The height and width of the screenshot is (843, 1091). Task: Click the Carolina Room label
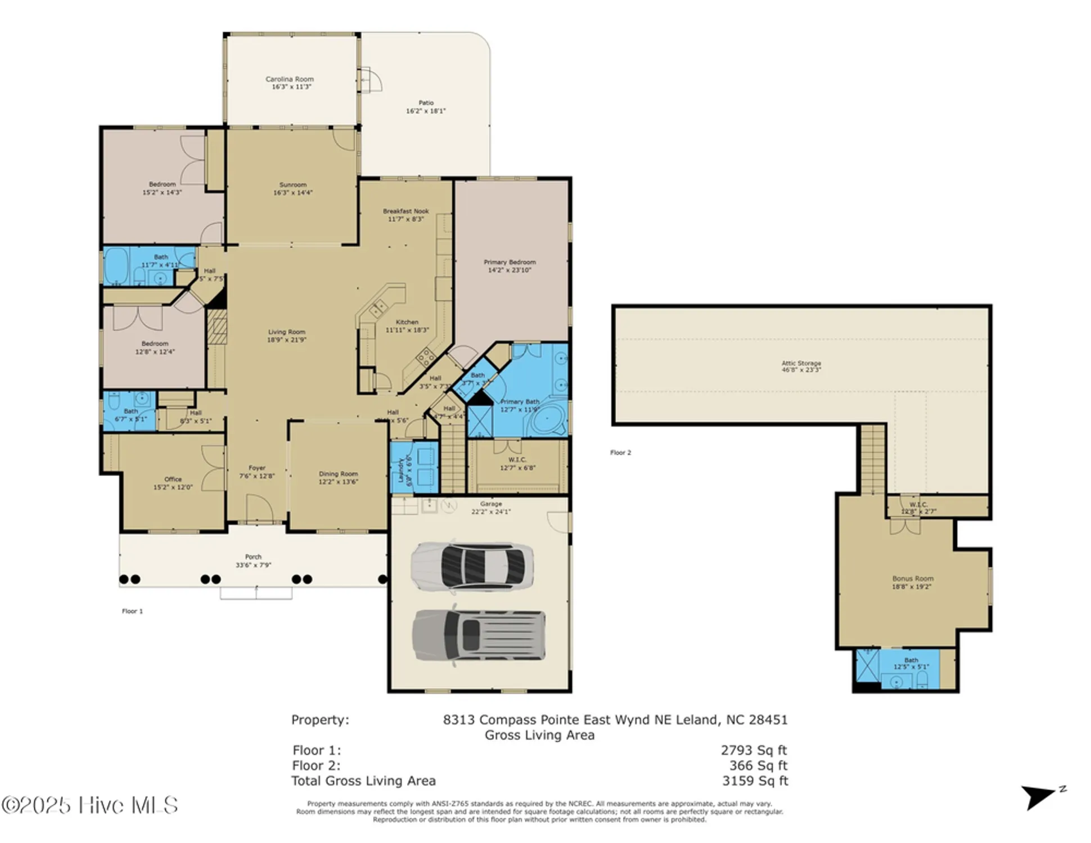click(x=289, y=79)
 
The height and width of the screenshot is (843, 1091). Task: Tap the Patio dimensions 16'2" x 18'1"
click(x=426, y=111)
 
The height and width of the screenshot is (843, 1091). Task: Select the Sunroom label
click(x=292, y=185)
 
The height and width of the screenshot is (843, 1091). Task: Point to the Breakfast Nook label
click(x=405, y=211)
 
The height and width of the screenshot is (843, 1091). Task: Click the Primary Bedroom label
click(x=510, y=262)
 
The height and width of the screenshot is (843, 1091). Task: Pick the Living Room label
click(x=286, y=332)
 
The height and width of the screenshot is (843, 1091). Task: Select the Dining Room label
click(x=338, y=474)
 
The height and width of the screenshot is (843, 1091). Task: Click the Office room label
click(x=173, y=479)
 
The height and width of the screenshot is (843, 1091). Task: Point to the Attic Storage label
click(x=801, y=363)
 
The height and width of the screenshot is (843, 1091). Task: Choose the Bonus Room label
click(x=912, y=578)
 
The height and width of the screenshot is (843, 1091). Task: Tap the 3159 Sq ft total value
click(x=755, y=781)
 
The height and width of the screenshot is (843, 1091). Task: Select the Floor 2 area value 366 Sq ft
click(x=758, y=765)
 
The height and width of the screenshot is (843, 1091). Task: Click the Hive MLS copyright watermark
click(x=90, y=805)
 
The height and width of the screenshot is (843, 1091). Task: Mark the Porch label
click(x=253, y=557)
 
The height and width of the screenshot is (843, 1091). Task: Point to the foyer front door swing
click(x=260, y=509)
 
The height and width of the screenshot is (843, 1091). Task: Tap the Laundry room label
click(x=401, y=469)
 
